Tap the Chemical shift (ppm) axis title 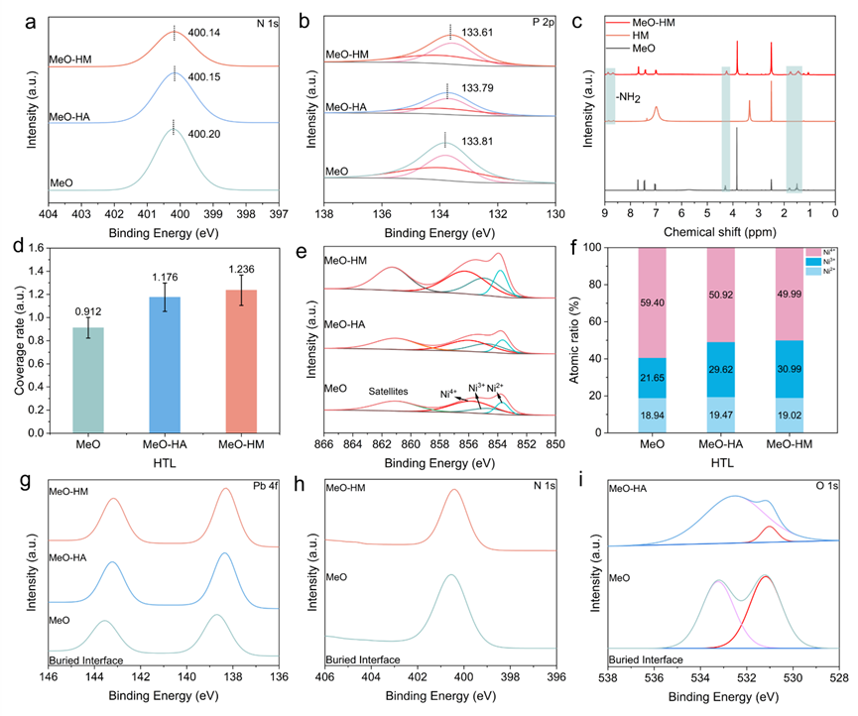click(721, 231)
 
